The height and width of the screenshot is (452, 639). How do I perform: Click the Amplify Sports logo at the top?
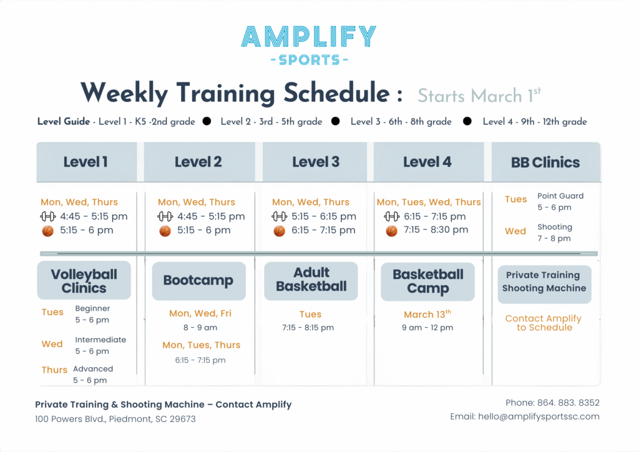(309, 45)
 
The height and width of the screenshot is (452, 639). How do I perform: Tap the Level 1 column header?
(85, 162)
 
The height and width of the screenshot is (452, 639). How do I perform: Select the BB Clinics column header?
(545, 162)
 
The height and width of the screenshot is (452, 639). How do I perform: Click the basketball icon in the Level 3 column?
(279, 230)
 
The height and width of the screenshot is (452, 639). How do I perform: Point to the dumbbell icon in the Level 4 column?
(391, 217)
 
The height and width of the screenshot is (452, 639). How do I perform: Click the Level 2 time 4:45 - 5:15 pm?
(211, 217)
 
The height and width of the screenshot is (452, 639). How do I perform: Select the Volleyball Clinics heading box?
(84, 281)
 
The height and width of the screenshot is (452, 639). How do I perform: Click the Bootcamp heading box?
(198, 280)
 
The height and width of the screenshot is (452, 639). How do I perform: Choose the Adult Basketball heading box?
(311, 280)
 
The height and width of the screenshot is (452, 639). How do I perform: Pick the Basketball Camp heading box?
(427, 281)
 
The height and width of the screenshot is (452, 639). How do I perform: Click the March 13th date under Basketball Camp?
(427, 314)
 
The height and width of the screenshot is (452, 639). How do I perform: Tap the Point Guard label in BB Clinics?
(560, 196)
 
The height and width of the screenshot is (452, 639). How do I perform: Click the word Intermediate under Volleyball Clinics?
(100, 340)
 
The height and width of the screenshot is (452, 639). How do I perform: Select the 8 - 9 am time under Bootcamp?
(200, 327)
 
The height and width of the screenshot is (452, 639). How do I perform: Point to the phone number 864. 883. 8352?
(552, 403)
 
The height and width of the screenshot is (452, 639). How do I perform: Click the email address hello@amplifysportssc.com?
(525, 416)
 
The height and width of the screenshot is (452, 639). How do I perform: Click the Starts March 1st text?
(479, 96)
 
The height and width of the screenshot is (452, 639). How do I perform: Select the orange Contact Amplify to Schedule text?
(544, 323)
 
